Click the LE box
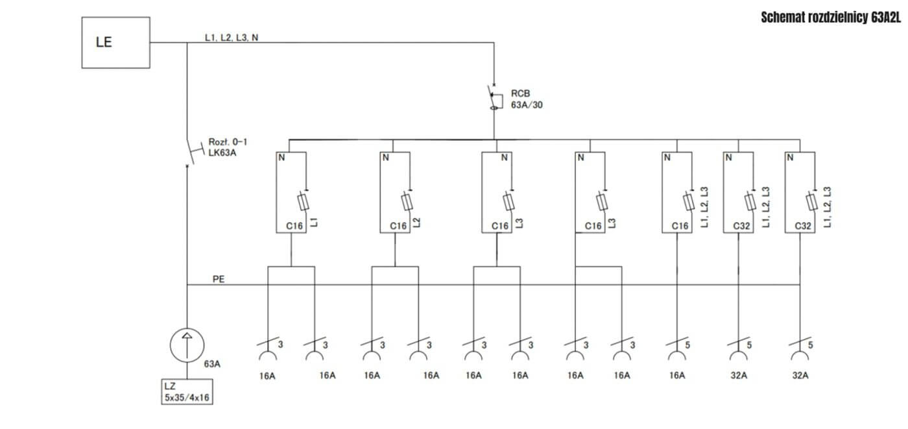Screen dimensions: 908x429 pyautogui.click(x=115, y=43)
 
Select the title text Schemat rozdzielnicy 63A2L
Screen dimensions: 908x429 pyautogui.click(x=831, y=18)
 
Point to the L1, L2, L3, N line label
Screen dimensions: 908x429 pyautogui.click(x=232, y=38)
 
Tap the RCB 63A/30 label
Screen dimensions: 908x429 pyautogui.click(x=526, y=99)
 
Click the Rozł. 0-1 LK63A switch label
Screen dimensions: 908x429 pyautogui.click(x=228, y=147)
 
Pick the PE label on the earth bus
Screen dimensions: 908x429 pyautogui.click(x=219, y=279)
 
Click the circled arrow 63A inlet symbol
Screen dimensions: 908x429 pyautogui.click(x=187, y=345)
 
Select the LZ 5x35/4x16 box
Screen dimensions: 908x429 pyautogui.click(x=187, y=392)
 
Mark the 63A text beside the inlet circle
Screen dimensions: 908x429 pyautogui.click(x=212, y=364)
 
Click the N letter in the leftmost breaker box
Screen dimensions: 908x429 pyautogui.click(x=281, y=158)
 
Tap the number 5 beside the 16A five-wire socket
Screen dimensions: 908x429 pyautogui.click(x=687, y=345)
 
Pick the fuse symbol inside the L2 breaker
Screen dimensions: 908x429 pyautogui.click(x=407, y=202)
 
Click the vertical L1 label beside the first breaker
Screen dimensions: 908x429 pyautogui.click(x=314, y=222)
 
